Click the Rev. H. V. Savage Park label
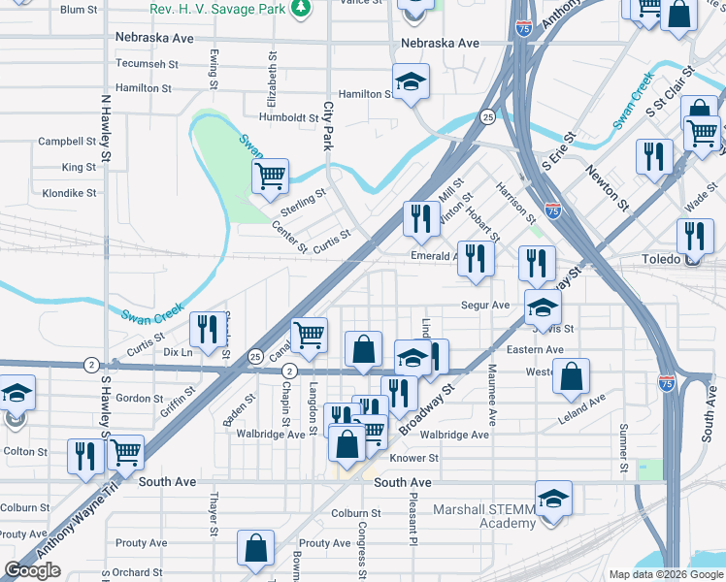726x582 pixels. click(217, 9)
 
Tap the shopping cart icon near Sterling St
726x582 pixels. click(270, 177)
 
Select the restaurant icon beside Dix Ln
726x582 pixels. click(205, 331)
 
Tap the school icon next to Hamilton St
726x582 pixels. click(411, 82)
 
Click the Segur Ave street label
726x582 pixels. click(486, 305)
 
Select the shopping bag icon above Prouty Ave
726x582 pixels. click(254, 549)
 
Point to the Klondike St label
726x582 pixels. click(67, 193)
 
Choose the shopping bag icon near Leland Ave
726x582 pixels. click(572, 374)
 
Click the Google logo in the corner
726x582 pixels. click(33, 570)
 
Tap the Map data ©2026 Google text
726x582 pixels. click(665, 574)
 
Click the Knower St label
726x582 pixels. click(414, 458)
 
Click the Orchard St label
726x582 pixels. click(137, 572)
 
